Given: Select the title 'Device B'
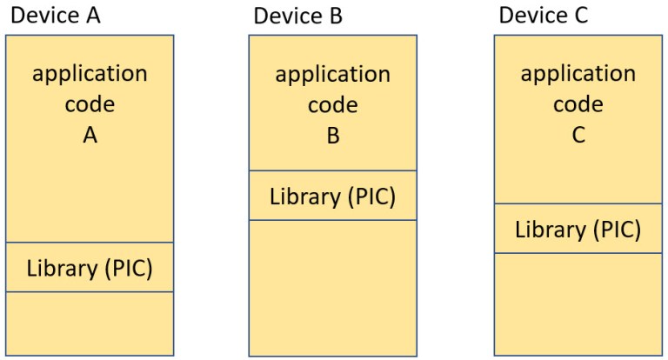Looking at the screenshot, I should pos(297,16).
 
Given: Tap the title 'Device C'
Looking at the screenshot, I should pos(543,16).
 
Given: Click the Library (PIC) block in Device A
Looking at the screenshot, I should pos(90,267).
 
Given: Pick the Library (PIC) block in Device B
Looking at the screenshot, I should pos(332,196).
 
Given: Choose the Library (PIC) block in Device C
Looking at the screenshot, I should pos(578,229).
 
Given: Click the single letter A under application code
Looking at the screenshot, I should pos(90,136).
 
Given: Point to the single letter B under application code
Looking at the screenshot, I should pos(333,136).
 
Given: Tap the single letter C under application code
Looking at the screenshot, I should pos(578,136).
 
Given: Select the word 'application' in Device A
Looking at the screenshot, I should pos(90,74).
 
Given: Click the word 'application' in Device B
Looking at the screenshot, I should pos(333,74).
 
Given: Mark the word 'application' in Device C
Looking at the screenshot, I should pos(578,74).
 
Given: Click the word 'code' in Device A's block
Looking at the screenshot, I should pos(90,104).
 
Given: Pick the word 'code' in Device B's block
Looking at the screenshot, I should pos(333,104).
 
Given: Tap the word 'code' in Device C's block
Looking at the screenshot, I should pos(578,104).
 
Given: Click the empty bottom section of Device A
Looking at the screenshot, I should pos(90,323).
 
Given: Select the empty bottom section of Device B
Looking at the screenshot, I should pos(332,287).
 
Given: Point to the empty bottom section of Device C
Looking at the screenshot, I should pos(578,303).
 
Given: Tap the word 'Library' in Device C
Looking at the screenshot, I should pos(547,229).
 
